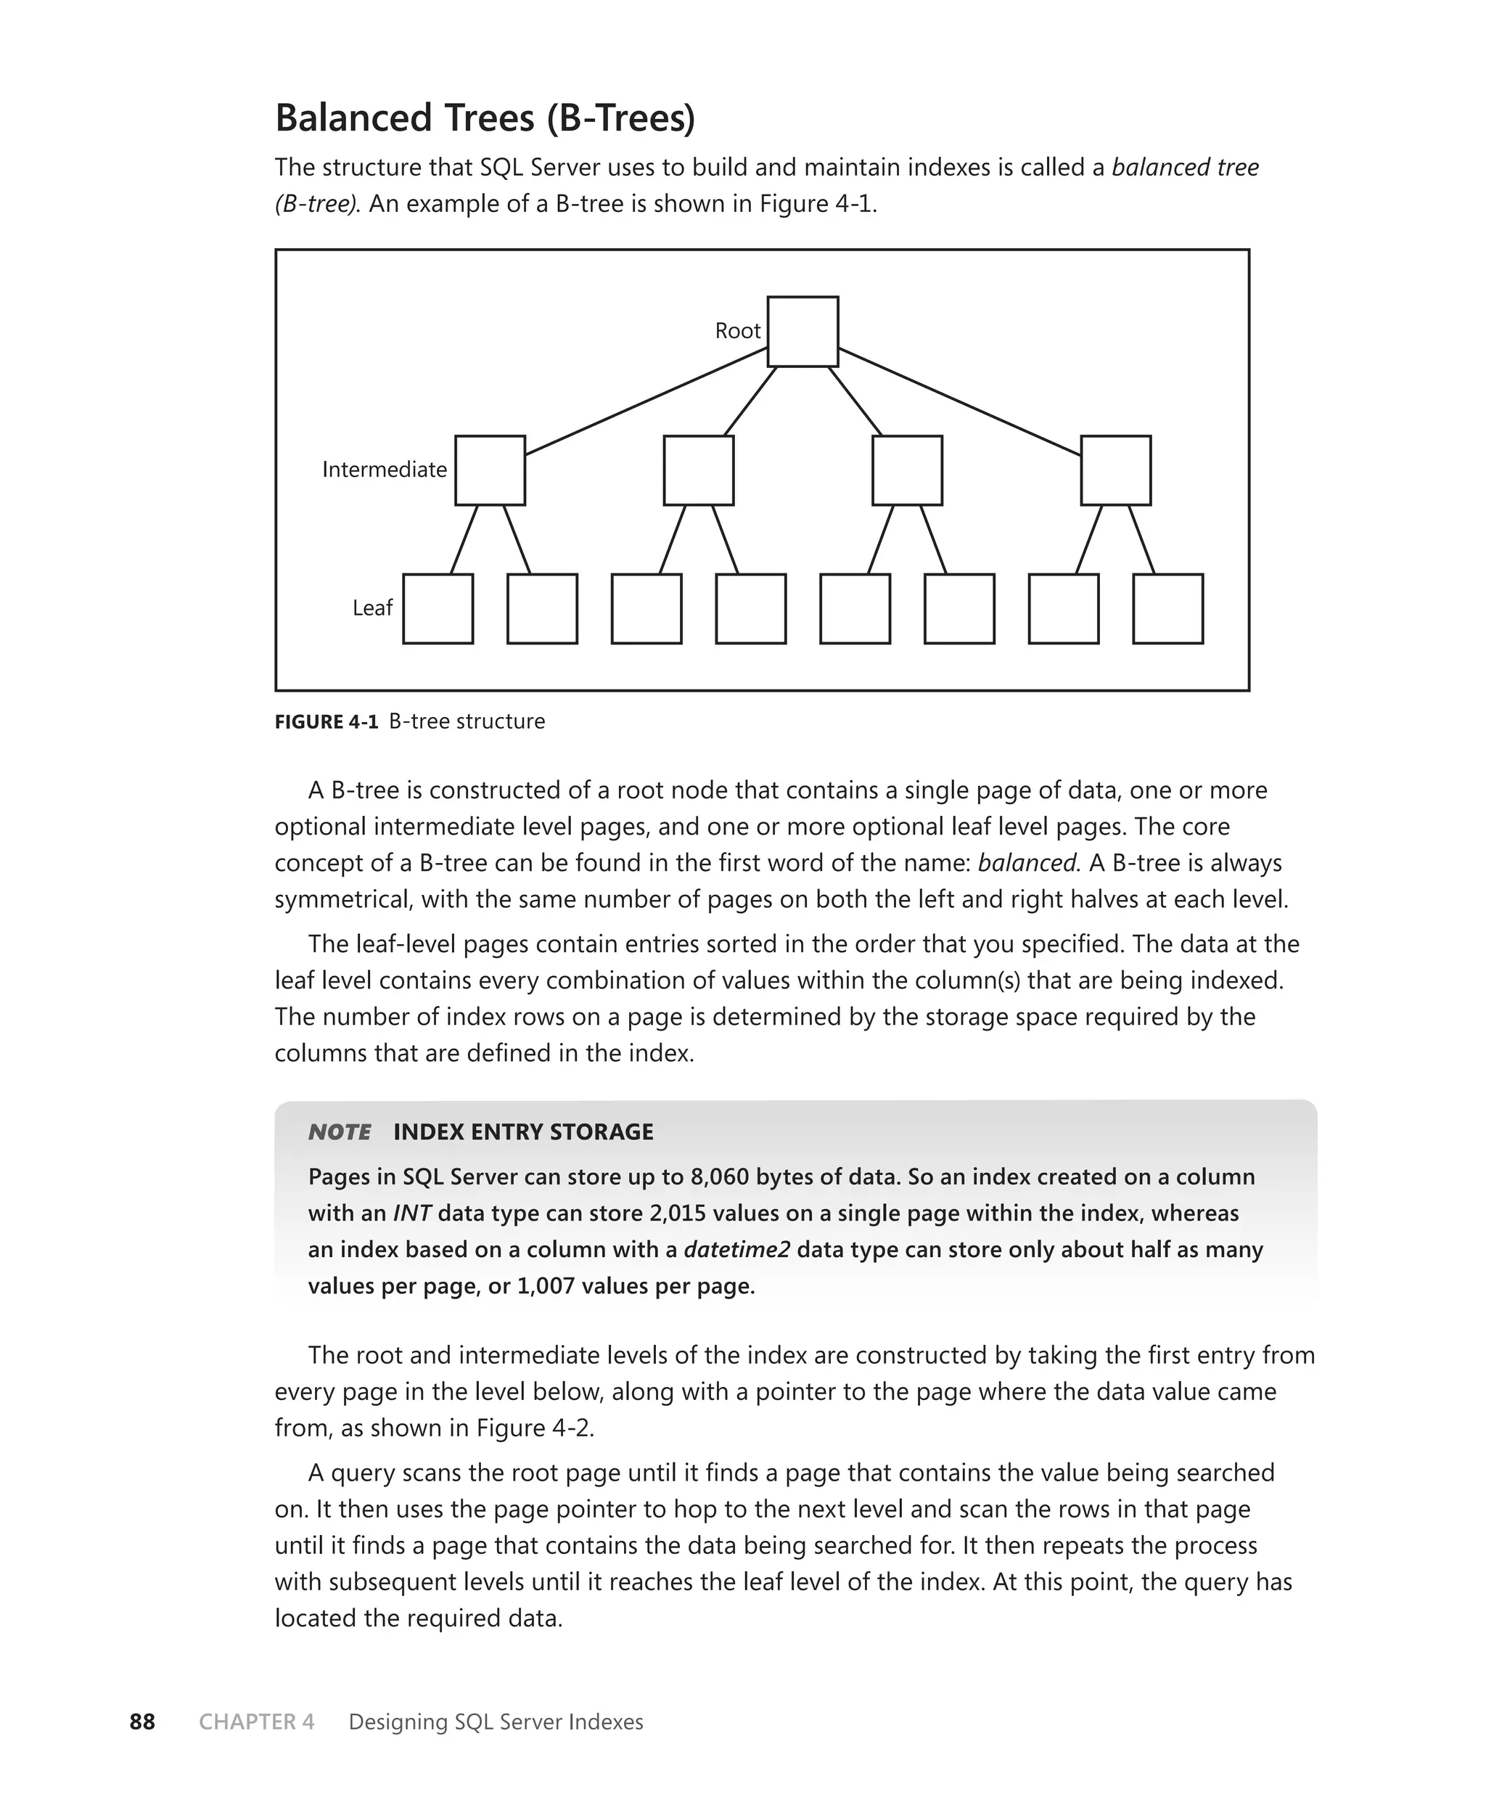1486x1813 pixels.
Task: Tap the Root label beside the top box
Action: (x=737, y=331)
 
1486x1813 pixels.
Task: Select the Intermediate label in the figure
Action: (x=385, y=470)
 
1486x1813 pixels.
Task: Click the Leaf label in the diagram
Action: (x=372, y=607)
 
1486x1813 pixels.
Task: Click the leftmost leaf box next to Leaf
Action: (x=438, y=609)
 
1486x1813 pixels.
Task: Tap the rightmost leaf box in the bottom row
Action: (x=1167, y=609)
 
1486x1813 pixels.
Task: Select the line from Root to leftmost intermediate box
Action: (x=646, y=401)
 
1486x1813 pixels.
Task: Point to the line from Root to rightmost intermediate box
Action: (x=958, y=401)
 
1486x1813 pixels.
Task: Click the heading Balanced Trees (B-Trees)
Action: (x=485, y=118)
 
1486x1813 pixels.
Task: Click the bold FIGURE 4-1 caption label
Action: (x=326, y=721)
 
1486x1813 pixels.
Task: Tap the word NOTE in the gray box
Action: (x=340, y=1132)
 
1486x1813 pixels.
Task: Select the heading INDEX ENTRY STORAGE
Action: (x=523, y=1132)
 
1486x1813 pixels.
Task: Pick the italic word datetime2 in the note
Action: (x=736, y=1250)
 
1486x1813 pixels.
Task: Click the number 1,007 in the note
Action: (x=545, y=1287)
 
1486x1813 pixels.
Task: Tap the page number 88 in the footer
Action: (x=142, y=1722)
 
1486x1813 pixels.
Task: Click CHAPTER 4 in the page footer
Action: (x=257, y=1722)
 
